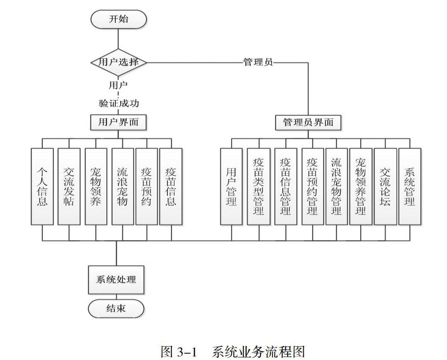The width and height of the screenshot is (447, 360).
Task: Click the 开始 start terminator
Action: [x=118, y=19]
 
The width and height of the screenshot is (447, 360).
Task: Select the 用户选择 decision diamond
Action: [x=118, y=62]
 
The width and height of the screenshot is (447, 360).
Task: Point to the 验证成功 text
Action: [x=118, y=104]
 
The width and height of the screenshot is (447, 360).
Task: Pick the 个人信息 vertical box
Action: [x=42, y=186]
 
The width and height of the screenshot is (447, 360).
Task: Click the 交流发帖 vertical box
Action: [x=69, y=186]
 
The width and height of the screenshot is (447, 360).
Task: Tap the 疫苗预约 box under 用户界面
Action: [x=146, y=186]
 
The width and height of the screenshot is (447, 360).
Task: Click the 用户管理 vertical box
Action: [x=232, y=186]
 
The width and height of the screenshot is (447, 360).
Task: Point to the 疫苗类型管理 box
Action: [x=258, y=186]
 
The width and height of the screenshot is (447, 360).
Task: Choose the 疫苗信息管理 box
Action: [x=285, y=186]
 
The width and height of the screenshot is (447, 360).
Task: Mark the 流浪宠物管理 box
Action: [x=337, y=186]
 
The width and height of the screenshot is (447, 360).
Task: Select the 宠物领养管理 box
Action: [x=361, y=186]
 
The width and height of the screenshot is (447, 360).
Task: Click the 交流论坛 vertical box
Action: [x=385, y=186]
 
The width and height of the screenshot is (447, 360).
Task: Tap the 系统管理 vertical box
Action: [x=410, y=186]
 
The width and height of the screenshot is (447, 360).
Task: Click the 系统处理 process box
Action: [x=116, y=280]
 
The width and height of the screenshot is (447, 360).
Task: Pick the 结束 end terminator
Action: [x=116, y=308]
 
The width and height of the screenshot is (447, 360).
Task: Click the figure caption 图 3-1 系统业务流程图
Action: [x=233, y=351]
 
